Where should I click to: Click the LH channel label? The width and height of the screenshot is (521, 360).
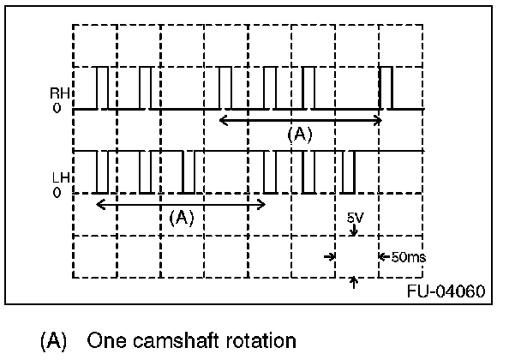click(58, 179)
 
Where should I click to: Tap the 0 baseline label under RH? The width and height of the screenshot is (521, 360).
click(57, 110)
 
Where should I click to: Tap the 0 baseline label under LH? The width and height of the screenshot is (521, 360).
click(57, 193)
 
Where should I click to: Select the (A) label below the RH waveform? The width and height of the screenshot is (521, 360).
click(299, 134)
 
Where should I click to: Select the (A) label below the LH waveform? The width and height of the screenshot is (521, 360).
click(181, 217)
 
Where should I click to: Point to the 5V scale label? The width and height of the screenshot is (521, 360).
click(355, 219)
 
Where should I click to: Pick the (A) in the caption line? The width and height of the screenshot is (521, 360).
click(53, 340)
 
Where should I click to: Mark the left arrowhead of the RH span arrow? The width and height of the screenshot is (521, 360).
click(224, 121)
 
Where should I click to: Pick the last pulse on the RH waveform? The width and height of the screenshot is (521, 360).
click(385, 87)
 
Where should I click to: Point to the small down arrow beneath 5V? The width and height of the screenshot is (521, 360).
click(355, 231)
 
